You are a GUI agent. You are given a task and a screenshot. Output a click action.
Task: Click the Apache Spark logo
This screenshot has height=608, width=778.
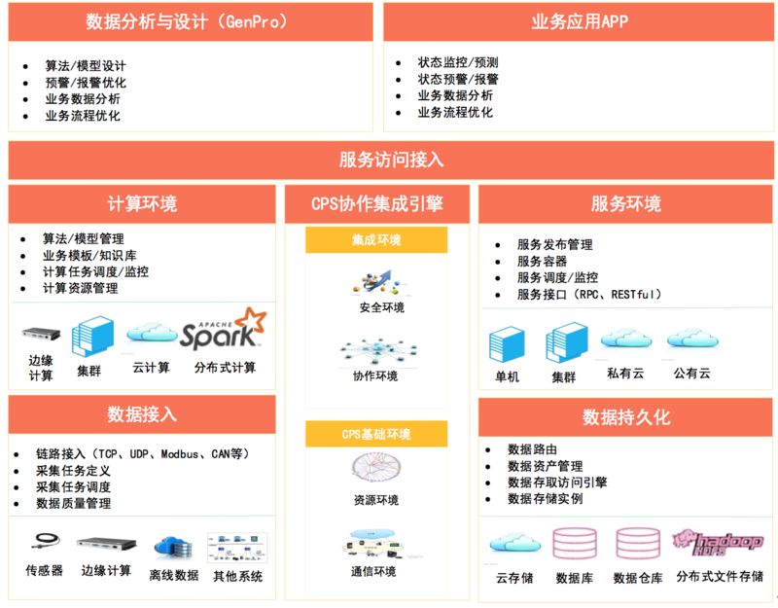(222, 329)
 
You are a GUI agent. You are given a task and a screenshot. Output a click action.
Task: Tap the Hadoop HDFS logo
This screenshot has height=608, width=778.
(720, 542)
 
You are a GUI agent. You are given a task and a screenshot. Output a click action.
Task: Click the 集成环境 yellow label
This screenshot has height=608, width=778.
(376, 239)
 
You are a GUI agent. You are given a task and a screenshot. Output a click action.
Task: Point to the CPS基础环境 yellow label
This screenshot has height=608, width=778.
(376, 433)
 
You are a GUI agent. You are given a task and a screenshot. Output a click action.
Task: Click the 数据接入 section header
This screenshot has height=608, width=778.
(142, 414)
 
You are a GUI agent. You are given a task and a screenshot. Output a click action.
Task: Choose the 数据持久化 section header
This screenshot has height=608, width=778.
(626, 417)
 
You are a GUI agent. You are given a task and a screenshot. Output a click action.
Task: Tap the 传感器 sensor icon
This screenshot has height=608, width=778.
(45, 541)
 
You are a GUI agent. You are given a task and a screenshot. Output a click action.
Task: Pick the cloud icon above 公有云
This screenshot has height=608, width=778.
(691, 339)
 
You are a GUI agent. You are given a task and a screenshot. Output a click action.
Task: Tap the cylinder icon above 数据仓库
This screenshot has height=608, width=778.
(637, 545)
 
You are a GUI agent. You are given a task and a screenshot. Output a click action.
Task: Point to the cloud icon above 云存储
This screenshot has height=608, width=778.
(513, 543)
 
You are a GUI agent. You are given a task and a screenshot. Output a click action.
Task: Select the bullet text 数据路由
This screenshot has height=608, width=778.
(532, 449)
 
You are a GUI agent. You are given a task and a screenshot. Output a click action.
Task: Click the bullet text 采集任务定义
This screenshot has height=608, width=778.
(73, 471)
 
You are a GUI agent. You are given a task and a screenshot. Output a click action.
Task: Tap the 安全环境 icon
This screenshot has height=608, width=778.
(375, 283)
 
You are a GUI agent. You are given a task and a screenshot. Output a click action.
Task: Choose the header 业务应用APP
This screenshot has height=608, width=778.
(580, 21)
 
